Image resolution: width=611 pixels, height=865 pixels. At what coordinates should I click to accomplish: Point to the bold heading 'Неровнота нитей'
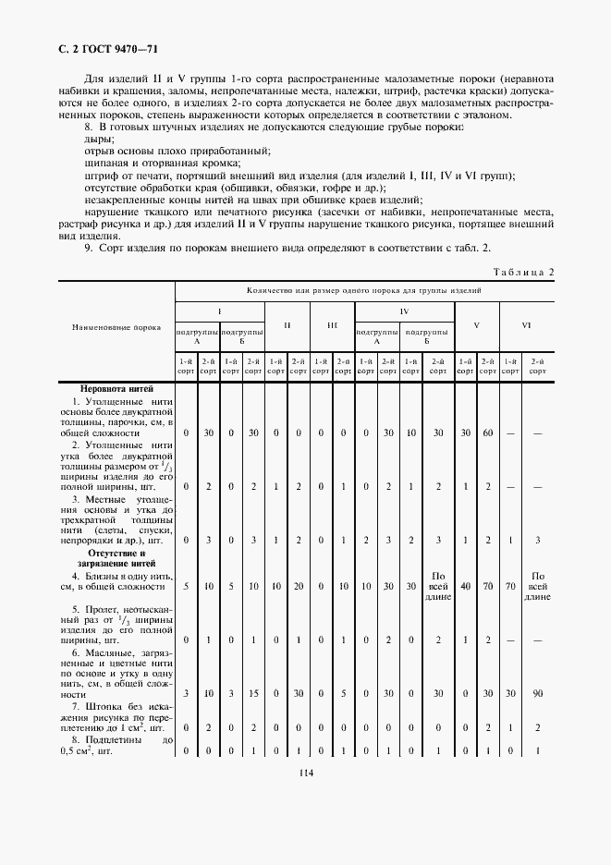click(x=116, y=389)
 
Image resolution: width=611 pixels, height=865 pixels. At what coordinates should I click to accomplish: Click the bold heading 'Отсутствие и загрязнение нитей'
click(x=116, y=557)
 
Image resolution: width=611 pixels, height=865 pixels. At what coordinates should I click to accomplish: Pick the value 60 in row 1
click(x=487, y=432)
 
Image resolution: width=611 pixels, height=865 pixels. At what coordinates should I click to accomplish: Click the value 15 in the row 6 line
click(x=253, y=693)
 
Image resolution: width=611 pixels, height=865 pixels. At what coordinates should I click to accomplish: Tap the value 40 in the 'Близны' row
click(x=465, y=585)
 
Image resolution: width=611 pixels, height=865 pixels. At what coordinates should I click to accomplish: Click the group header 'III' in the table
click(x=332, y=325)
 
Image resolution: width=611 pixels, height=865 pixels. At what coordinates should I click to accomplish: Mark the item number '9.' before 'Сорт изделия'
click(x=89, y=248)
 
